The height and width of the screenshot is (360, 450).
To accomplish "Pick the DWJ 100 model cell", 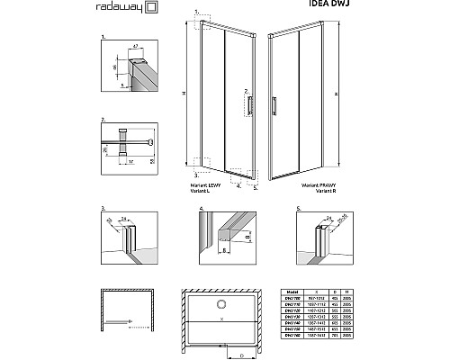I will coord(290,299).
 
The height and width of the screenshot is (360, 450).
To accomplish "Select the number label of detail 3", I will coord(103,206).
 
